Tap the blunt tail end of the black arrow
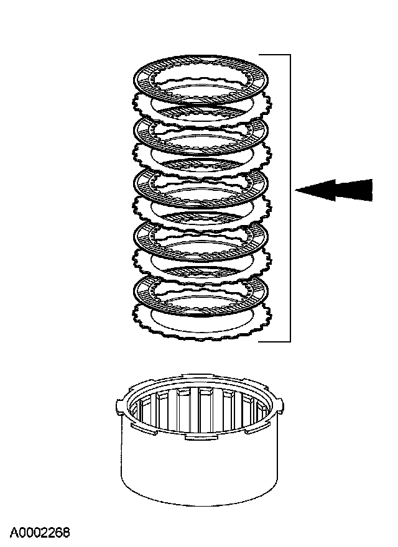[371, 190]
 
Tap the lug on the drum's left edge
[119, 407]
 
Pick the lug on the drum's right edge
[281, 406]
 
